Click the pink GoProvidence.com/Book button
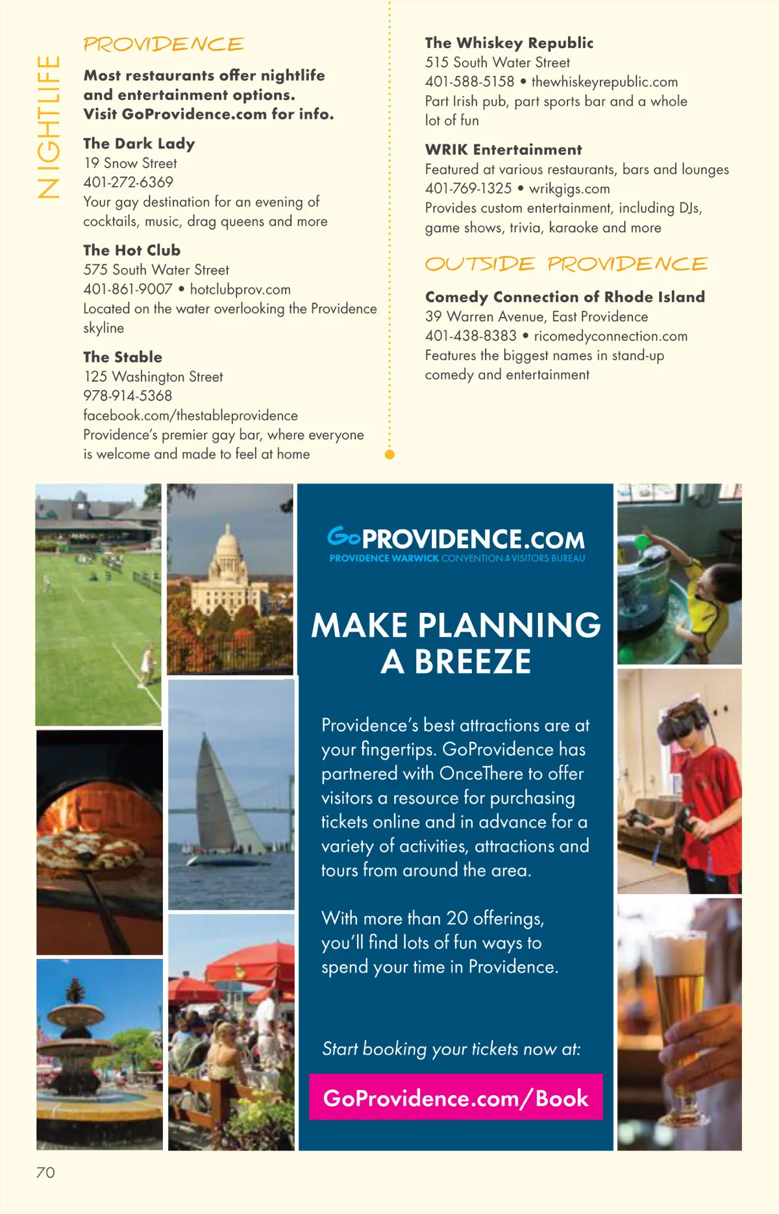coord(456,1097)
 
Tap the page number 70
coord(45,1172)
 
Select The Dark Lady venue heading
coord(139,143)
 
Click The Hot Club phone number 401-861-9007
coord(128,290)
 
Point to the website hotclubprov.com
coord(240,290)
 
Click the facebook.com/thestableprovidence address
coord(190,415)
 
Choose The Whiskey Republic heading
coord(509,43)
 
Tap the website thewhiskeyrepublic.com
coord(604,82)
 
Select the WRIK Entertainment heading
coord(503,150)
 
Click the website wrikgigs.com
coord(569,189)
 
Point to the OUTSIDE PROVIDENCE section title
coord(566,264)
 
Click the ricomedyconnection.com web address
coord(610,336)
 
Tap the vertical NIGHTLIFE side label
coord(49,127)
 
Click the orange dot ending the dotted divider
coord(389,454)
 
